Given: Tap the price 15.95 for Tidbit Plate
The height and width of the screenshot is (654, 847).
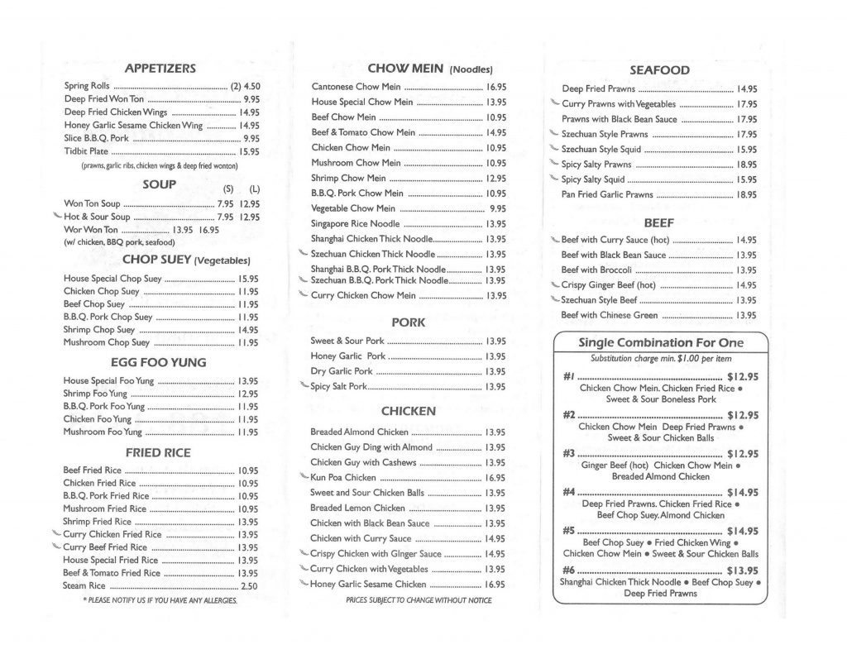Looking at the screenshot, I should [249, 151].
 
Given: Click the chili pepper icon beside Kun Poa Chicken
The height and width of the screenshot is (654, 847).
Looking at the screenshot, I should [304, 477].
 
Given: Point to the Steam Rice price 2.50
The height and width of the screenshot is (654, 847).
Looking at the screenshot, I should [249, 586].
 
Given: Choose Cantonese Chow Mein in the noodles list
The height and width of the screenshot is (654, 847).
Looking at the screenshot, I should [357, 87].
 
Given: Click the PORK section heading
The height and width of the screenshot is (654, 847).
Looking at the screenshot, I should [409, 322].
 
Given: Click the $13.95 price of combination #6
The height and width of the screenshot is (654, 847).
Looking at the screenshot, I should [742, 570].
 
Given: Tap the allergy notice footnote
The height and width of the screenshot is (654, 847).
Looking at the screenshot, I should [160, 599].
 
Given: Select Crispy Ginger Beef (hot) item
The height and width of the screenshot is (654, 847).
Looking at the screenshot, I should [608, 285].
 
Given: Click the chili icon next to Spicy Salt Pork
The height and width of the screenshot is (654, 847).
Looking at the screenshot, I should [304, 385].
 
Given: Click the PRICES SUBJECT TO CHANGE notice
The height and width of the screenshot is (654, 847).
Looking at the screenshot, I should [419, 600].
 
